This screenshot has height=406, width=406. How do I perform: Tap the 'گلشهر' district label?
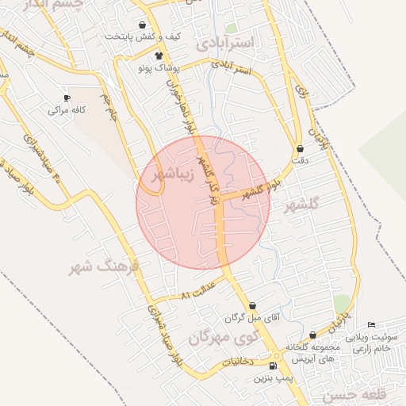click(x=304, y=203)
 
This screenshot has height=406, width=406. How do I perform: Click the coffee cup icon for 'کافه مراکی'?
click(x=67, y=98)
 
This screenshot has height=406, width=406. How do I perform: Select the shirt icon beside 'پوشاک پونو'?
click(x=159, y=56)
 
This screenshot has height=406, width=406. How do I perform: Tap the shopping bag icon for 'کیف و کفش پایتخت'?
click(x=142, y=25)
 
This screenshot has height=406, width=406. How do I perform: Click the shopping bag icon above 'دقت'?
click(x=300, y=148)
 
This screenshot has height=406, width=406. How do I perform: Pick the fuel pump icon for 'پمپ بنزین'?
click(x=274, y=366)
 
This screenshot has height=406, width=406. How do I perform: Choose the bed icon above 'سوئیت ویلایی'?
click(x=372, y=324)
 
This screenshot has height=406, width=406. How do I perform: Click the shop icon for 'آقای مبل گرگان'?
click(x=252, y=305)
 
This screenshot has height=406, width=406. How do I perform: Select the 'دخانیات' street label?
click(x=236, y=362)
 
